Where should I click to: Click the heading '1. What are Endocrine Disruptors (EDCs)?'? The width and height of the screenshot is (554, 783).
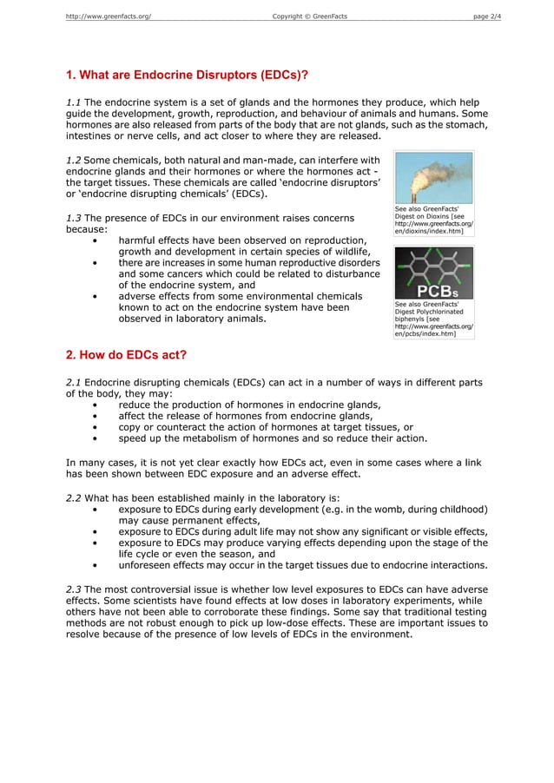click(188, 75)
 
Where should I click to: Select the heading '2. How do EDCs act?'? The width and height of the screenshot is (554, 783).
click(126, 354)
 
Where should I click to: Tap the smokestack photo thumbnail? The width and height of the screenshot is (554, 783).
click(433, 178)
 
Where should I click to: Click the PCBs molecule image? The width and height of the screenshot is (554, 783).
click(433, 273)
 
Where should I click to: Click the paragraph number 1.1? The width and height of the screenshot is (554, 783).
click(74, 102)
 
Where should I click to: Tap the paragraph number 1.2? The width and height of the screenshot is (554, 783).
click(74, 160)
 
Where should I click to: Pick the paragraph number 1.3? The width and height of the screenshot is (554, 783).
click(74, 218)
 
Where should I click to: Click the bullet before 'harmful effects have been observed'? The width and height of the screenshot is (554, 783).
click(94, 240)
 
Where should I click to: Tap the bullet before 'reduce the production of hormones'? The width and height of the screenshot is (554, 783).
click(94, 405)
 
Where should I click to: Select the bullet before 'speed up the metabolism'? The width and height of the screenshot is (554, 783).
click(94, 438)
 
